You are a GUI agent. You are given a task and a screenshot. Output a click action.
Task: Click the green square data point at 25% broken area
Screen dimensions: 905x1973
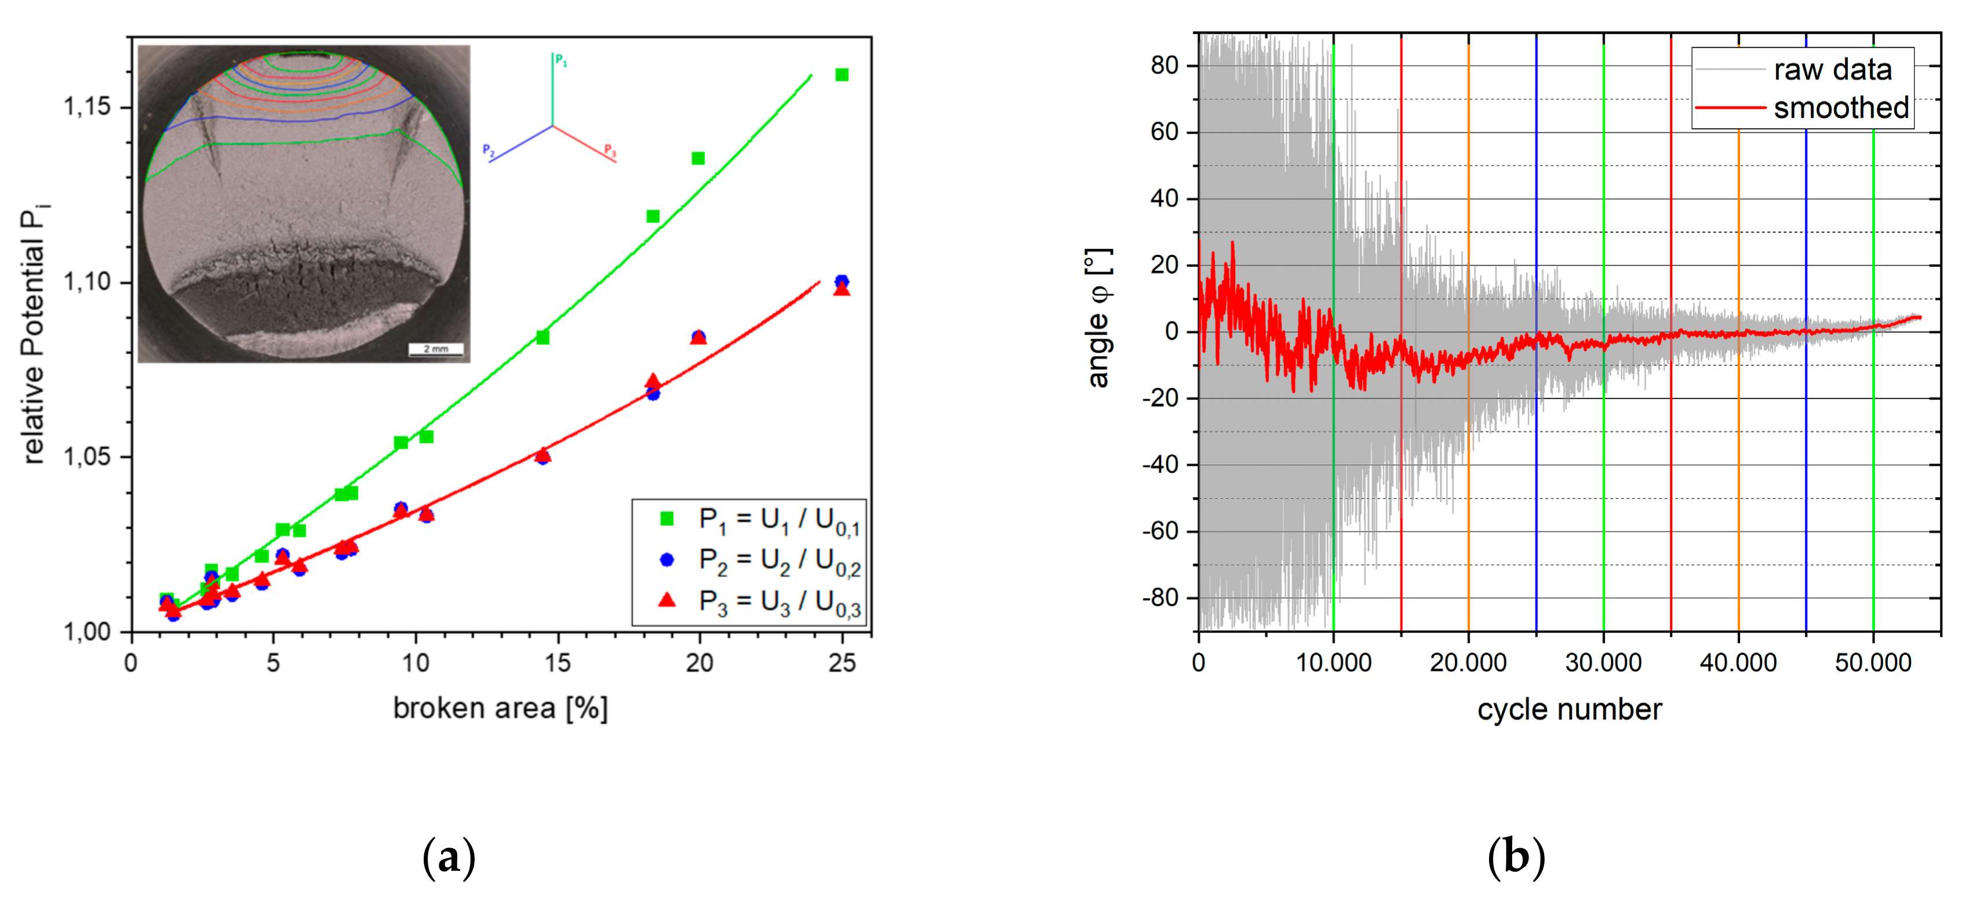click(x=841, y=74)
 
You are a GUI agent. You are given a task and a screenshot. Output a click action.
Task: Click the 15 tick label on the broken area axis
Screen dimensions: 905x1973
click(x=558, y=663)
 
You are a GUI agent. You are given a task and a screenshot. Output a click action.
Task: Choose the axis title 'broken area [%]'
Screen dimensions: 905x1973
click(x=500, y=708)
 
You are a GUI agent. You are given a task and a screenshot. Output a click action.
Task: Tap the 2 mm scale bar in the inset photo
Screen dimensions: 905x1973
click(x=435, y=349)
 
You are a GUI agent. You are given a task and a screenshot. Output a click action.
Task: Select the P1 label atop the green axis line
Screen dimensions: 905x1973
click(x=562, y=60)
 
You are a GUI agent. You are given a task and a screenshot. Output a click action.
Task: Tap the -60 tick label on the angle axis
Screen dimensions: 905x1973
click(x=1160, y=531)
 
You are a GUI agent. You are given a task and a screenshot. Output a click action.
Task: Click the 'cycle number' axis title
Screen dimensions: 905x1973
click(x=1568, y=709)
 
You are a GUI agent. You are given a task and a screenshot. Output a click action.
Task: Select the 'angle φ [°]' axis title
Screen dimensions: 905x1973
click(x=1098, y=318)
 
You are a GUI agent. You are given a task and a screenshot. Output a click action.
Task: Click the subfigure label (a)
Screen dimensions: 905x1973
click(x=449, y=857)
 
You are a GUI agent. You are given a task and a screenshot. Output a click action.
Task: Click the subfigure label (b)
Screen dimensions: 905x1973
click(x=1516, y=857)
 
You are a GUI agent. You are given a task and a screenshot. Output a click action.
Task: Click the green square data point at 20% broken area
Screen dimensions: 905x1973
click(x=698, y=158)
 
